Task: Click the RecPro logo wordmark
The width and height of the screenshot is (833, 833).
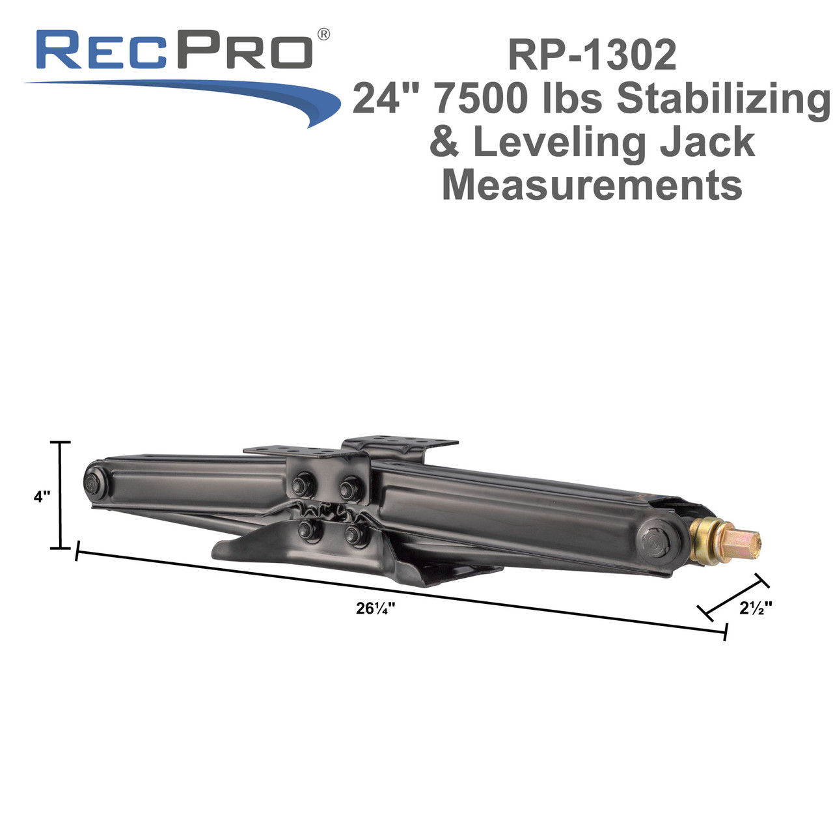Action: tap(174, 49)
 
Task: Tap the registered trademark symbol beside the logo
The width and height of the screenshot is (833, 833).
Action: tap(323, 34)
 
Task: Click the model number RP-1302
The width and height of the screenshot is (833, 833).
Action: tap(592, 55)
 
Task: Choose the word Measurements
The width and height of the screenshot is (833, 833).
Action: tap(592, 185)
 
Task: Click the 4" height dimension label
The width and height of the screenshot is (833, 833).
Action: tap(42, 497)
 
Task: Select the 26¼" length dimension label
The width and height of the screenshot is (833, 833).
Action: tap(376, 608)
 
